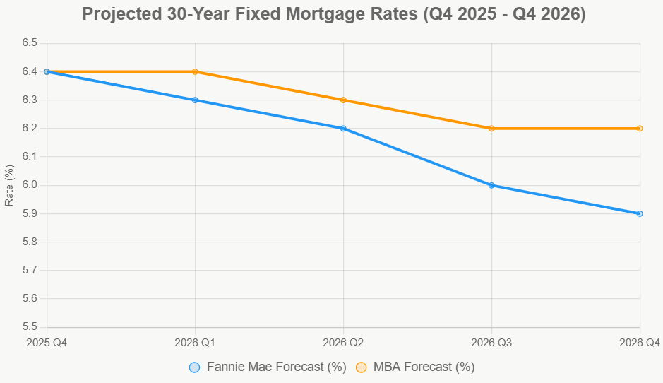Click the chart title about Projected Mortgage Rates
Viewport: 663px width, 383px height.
334,14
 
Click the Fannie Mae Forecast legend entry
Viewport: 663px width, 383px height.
268,367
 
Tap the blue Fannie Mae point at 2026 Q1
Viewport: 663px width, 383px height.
196,100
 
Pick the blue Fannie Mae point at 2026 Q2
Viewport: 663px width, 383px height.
343,129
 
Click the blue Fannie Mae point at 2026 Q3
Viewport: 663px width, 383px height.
491,185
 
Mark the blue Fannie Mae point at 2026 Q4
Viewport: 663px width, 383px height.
640,213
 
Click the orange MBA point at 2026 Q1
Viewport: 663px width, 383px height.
196,71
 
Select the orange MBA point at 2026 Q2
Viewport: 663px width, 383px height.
343,100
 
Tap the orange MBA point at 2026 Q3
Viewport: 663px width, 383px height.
491,129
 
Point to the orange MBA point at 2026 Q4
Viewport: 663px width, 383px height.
640,129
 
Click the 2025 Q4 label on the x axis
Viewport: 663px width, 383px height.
47,343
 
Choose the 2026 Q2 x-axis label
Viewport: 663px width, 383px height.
343,343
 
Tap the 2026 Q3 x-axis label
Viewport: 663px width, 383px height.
491,343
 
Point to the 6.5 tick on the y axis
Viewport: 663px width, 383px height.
29,43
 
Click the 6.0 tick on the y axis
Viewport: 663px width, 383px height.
29,185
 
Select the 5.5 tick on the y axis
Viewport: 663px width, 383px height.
29,327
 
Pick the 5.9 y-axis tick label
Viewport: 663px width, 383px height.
29,213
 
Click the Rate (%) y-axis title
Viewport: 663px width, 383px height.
9,185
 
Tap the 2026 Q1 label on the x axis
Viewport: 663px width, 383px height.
196,343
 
